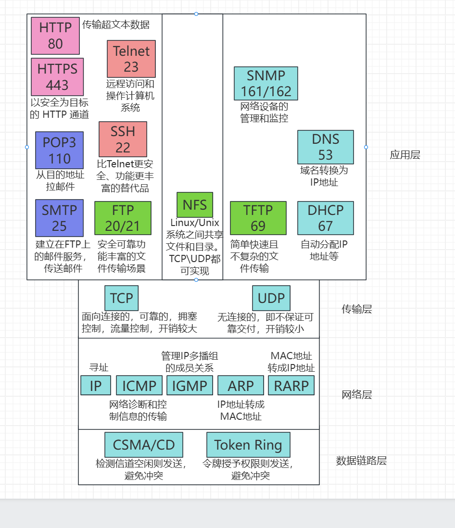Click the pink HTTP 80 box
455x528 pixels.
(55, 36)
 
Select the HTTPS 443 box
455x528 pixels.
(57, 77)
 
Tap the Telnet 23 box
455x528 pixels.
(131, 59)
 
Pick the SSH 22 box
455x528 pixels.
(123, 139)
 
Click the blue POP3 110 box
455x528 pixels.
(59, 150)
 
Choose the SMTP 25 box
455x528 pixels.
(59, 218)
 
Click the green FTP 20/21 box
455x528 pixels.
(123, 218)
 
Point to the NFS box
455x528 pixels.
(195, 204)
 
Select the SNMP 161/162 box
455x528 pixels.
(266, 83)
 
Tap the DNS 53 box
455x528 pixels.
(326, 147)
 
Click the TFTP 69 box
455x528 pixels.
(258, 218)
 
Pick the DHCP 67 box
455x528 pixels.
(326, 218)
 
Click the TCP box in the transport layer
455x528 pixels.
(121, 298)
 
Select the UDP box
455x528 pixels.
(271, 298)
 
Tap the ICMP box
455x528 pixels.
(139, 386)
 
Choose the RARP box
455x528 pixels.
(291, 386)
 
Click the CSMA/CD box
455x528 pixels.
(144, 445)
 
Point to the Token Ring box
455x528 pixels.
(248, 445)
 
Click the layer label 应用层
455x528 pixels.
(405, 155)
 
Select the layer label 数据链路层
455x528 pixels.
(361, 461)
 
